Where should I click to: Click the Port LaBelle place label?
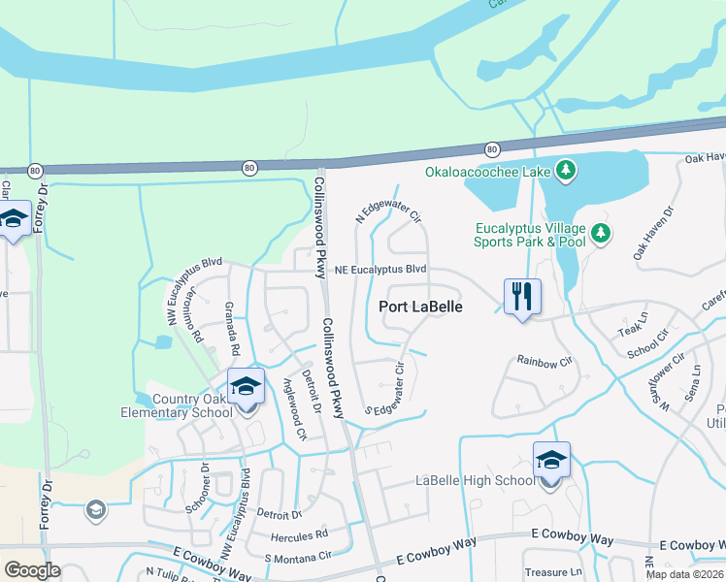click(x=419, y=307)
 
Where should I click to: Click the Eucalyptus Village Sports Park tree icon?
click(x=602, y=234)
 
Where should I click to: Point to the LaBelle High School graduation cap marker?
click(x=551, y=460)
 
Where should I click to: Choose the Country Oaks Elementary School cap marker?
click(x=247, y=387)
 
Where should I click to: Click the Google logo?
click(x=33, y=570)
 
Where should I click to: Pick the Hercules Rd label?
click(x=301, y=535)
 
